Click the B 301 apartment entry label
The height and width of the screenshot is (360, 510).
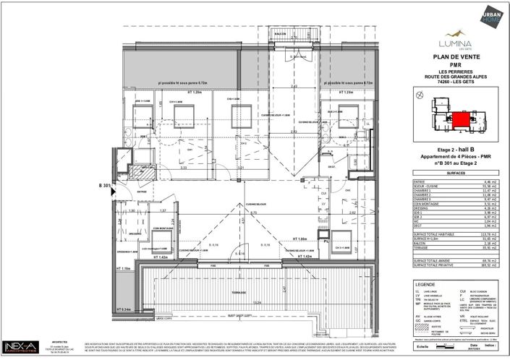coord(103,186)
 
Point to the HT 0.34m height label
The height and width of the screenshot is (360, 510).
coord(125,309)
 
